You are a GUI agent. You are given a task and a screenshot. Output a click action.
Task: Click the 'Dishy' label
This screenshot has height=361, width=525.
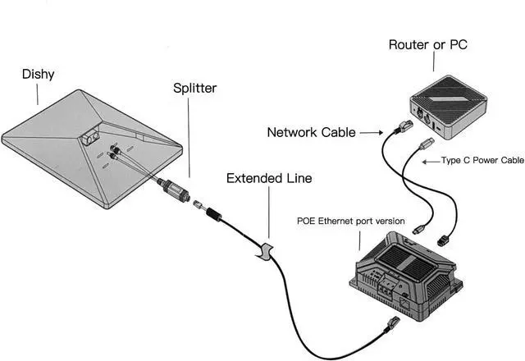[x=38, y=74]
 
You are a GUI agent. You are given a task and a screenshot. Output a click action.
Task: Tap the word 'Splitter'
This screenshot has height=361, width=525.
[x=195, y=86]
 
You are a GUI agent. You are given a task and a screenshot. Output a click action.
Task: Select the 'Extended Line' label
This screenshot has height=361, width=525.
[x=269, y=177]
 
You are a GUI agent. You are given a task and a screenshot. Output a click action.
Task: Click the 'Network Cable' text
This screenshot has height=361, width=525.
[x=312, y=131]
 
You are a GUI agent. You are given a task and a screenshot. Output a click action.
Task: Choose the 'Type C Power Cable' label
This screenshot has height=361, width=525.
[x=482, y=162]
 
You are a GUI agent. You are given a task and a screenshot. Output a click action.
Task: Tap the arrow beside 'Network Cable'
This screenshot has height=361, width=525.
[x=370, y=131]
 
